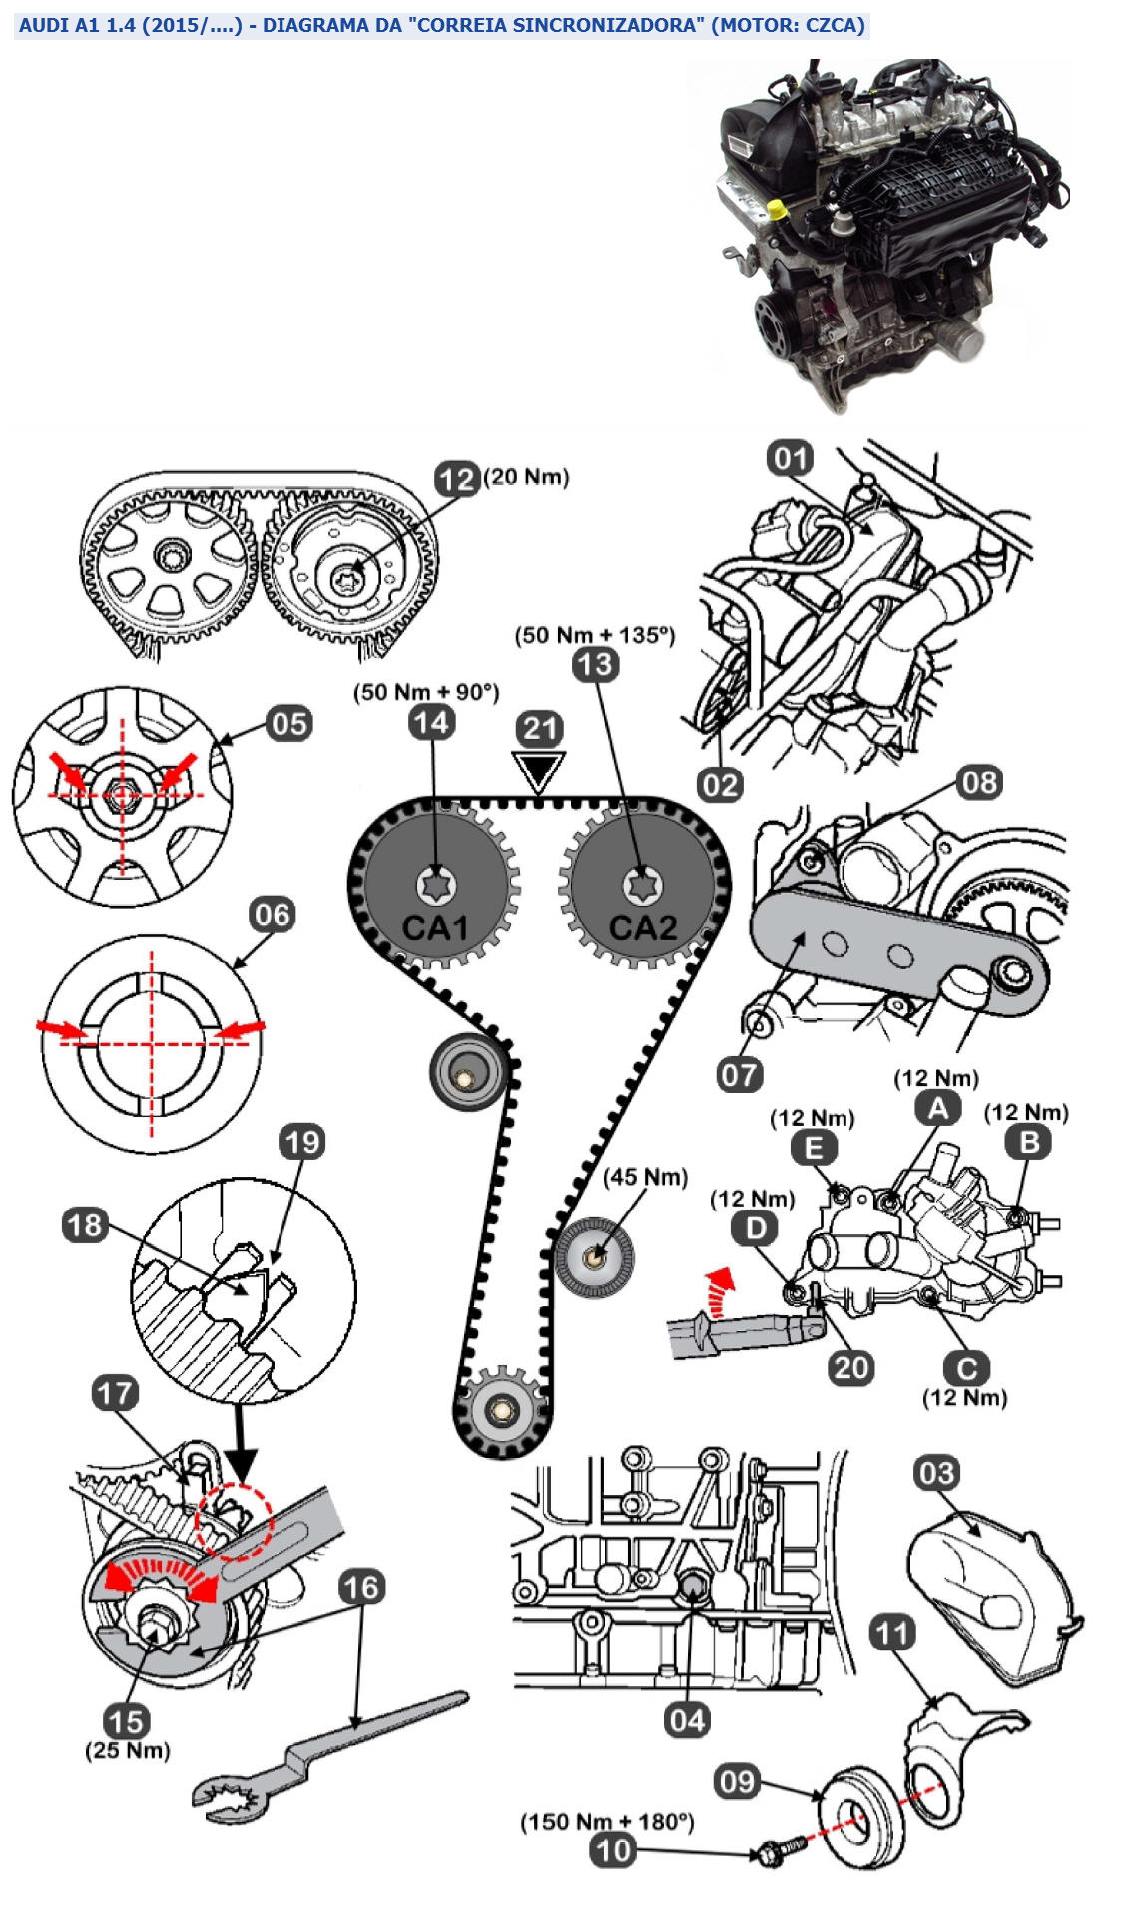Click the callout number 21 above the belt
tap(540, 728)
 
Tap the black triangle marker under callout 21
tap(539, 770)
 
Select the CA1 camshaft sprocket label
tap(434, 928)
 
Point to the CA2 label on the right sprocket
tap(642, 928)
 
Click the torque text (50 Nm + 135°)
tap(594, 635)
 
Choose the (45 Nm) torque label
tap(645, 1177)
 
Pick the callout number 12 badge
tap(457, 479)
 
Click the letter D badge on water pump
tap(755, 1227)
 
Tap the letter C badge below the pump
tap(966, 1367)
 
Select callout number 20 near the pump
tap(850, 1366)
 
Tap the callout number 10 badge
tap(613, 1850)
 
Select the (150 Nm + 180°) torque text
tap(606, 1822)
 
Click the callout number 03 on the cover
tap(936, 1473)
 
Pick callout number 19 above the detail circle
tap(301, 1141)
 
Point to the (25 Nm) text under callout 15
tap(127, 1750)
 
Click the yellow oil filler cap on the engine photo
tap(776, 210)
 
